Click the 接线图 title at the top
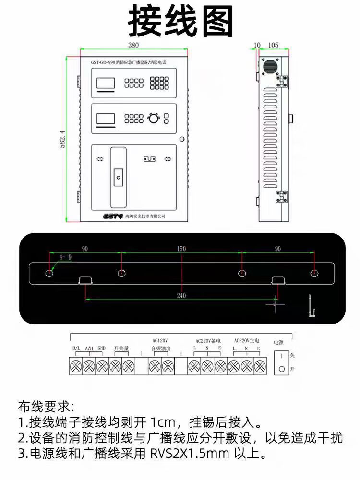coord(180,22)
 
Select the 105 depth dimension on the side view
coord(273,45)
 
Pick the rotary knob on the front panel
coord(153,118)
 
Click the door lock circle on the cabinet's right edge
coord(182,139)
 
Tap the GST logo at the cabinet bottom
coord(113,216)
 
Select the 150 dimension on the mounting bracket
coord(181,249)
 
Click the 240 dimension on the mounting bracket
coord(181,296)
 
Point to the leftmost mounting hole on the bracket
coord(50,273)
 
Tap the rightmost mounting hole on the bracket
coord(313,273)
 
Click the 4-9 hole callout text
coord(65,257)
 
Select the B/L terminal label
coord(76,348)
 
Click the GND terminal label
coord(102,348)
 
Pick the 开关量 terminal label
coord(121,348)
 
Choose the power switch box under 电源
coord(281,362)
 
